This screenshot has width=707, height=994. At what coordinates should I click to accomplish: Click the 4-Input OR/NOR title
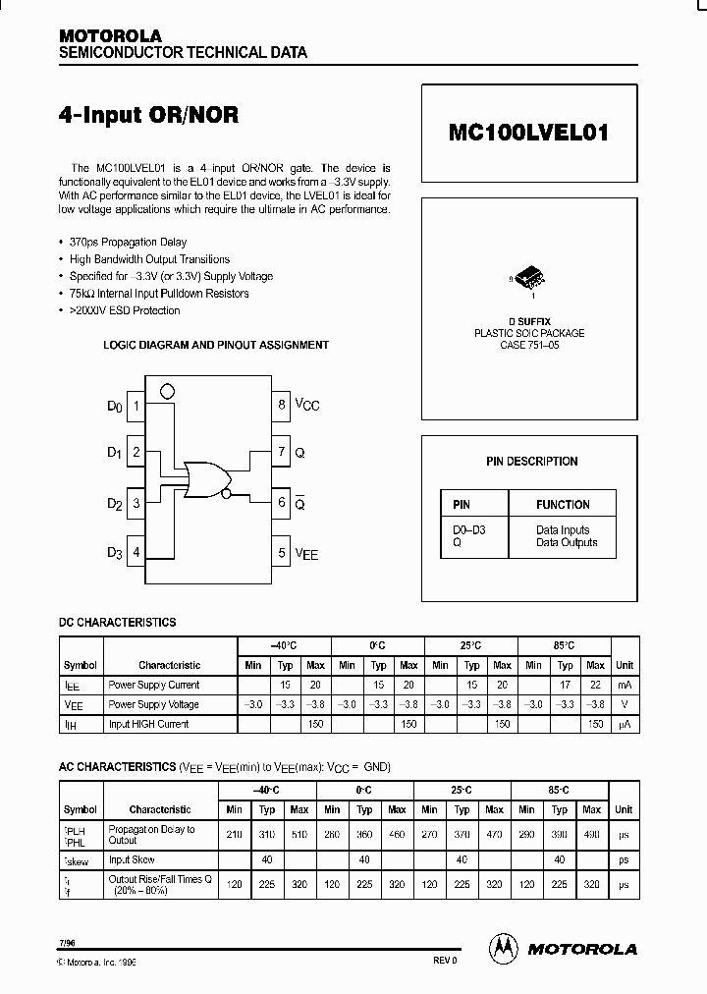148,114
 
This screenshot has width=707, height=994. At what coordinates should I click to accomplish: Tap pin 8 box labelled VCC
282,404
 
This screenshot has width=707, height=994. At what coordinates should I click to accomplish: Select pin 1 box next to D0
136,405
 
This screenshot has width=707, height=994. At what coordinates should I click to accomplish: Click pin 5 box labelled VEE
282,553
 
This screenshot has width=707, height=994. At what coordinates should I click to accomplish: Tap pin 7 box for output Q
282,453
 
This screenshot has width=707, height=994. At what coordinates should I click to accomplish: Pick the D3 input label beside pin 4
115,553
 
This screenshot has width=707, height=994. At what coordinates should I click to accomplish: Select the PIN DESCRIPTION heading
531,462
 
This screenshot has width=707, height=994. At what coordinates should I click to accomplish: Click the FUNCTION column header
563,505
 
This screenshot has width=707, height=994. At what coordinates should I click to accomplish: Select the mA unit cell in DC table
624,685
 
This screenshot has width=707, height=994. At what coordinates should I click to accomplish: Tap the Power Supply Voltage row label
153,704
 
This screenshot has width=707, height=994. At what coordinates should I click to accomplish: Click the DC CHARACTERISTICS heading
119,623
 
